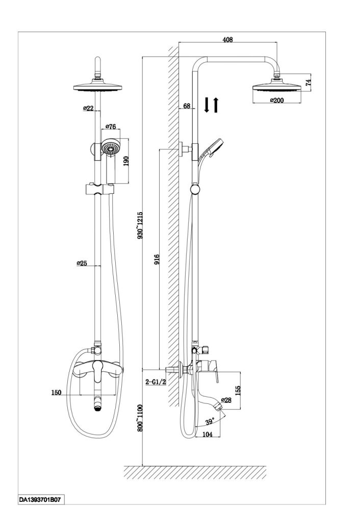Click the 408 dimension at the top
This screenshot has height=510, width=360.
coord(228,40)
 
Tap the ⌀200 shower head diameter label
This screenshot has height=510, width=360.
coord(276,100)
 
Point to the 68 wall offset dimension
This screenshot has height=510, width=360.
coord(187,106)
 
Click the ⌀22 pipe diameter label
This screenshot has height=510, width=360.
coord(88,109)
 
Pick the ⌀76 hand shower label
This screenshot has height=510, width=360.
coord(111,126)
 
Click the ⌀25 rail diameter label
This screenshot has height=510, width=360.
coord(84,263)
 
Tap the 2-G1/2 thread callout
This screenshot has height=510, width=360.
coord(156,381)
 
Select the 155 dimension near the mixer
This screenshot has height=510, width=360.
coord(238,389)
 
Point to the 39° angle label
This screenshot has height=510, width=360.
coord(209,421)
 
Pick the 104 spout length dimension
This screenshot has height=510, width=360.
coord(207,433)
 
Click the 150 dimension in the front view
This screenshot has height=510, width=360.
coord(56,392)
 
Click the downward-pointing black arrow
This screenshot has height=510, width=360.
coord(207,105)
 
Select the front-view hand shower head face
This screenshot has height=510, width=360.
coord(110,148)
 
